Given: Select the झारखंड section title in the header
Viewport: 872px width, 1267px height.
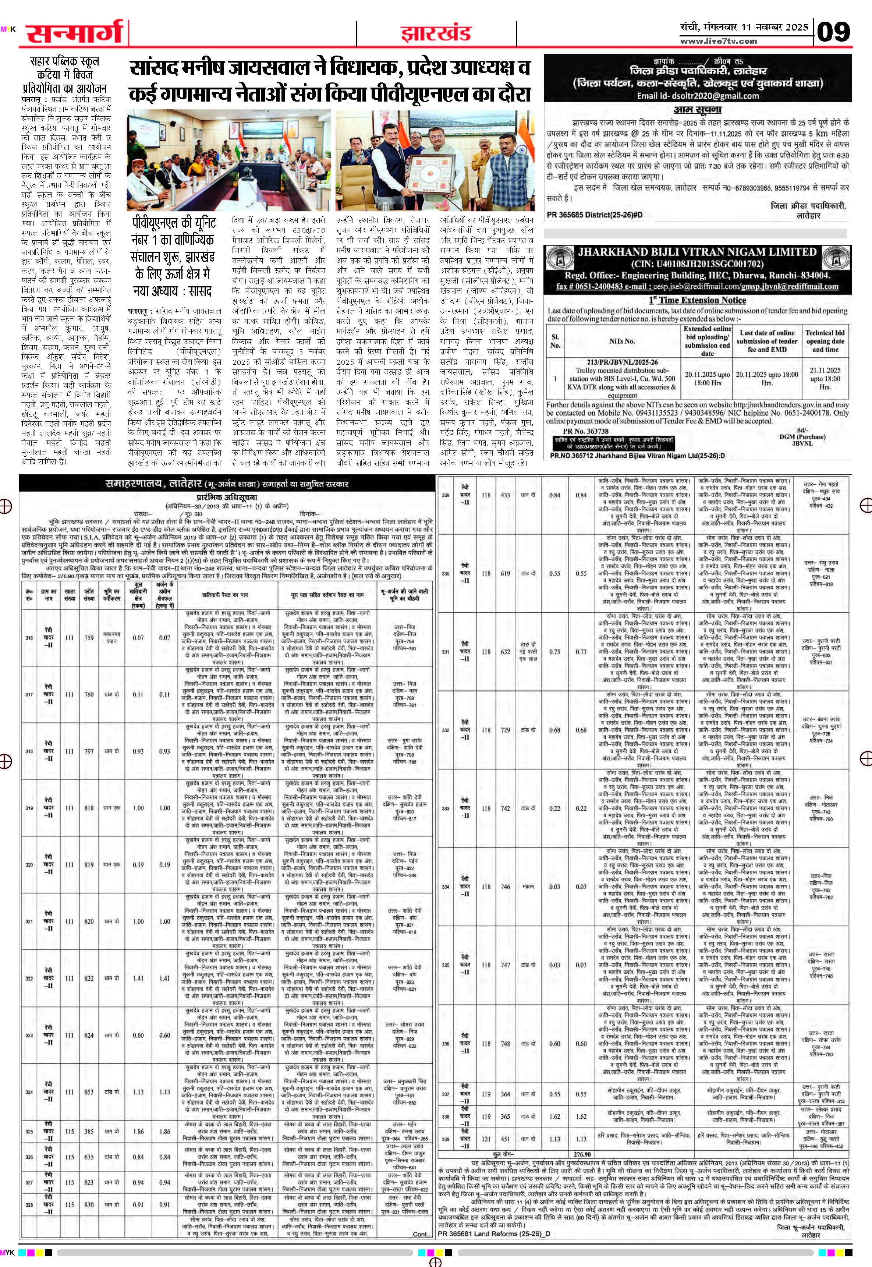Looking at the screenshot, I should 436,34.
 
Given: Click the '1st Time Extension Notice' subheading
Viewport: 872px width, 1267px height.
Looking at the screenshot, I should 697,300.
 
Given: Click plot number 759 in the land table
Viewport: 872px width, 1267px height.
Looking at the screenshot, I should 89,638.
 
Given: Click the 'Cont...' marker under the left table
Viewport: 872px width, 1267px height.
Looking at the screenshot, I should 422,1214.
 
